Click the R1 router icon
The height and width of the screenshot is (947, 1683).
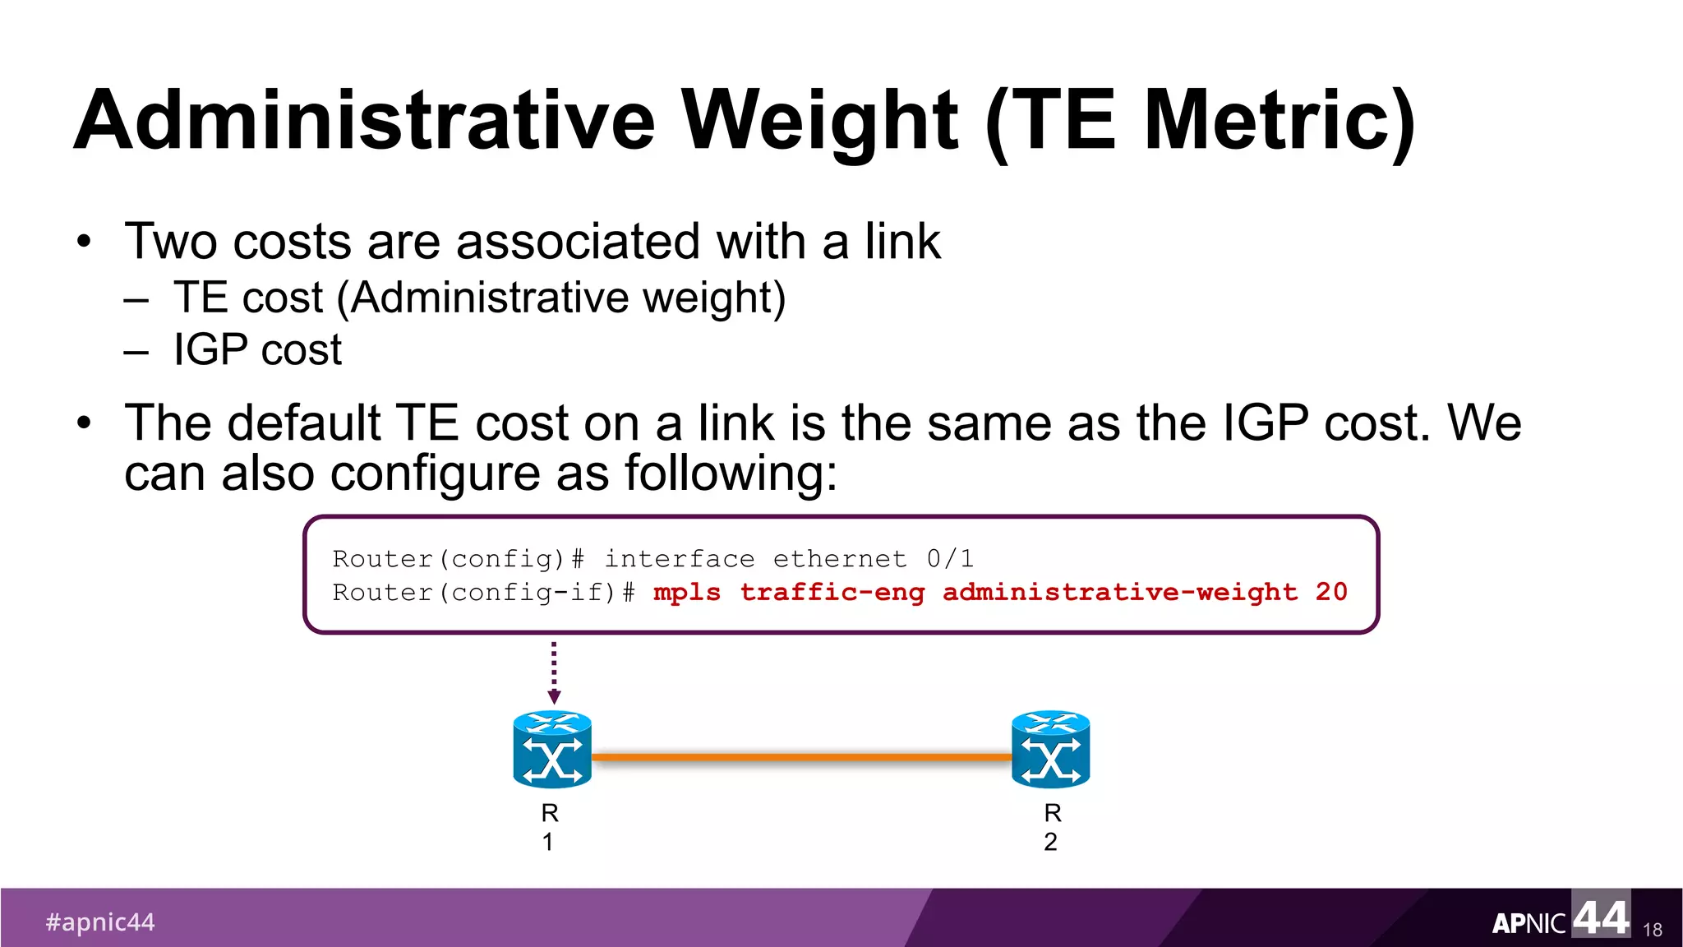tap(552, 750)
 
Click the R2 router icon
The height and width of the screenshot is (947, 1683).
tap(1050, 750)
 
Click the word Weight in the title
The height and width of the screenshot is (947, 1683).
tap(820, 121)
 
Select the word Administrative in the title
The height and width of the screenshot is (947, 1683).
tap(365, 121)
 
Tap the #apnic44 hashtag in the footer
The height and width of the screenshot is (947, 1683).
tap(100, 922)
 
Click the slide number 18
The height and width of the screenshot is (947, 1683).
tap(1652, 930)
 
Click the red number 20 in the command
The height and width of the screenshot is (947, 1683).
tap(1331, 592)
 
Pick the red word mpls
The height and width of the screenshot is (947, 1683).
tap(687, 593)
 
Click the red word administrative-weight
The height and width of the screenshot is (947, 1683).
tap(1120, 592)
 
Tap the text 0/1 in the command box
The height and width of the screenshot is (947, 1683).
tap(950, 559)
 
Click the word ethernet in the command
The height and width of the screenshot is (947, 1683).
tap(840, 559)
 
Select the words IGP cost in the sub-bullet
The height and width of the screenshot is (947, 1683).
tap(257, 350)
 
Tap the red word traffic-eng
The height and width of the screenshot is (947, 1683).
tap(832, 593)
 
